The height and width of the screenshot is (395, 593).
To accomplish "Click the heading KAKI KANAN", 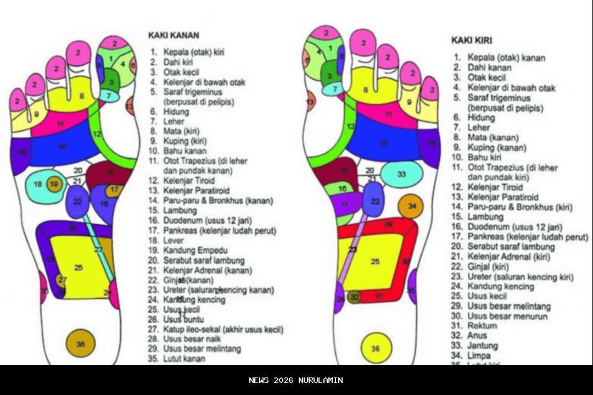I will click(x=174, y=35).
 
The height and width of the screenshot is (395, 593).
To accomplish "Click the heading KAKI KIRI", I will click(x=472, y=40).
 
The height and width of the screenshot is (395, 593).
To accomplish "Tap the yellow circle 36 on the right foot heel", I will click(x=376, y=348).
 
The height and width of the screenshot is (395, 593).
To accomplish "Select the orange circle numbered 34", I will click(x=411, y=207).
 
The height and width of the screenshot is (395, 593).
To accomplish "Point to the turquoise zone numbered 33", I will click(x=402, y=174).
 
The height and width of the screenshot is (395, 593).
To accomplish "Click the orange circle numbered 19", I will click(x=54, y=185).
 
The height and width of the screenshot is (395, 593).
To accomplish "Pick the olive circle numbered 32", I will click(x=355, y=297).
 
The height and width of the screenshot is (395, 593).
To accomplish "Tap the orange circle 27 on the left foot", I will click(x=62, y=280).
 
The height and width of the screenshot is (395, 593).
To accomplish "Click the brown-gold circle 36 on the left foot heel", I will click(x=81, y=344).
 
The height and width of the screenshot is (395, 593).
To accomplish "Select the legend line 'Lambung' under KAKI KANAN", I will click(x=180, y=210).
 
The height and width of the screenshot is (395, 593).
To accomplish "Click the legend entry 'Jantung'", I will click(x=483, y=346).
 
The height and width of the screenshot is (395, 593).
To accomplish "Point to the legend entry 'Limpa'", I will click(x=479, y=355).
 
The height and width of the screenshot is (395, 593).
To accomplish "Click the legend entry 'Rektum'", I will click(x=482, y=326).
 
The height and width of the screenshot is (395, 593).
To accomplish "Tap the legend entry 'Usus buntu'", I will click(x=183, y=319).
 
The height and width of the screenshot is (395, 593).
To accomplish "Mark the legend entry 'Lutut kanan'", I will click(x=184, y=359).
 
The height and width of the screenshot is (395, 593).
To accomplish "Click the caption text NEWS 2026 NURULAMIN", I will click(x=296, y=380).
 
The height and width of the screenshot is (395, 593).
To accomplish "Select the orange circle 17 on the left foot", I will click(x=114, y=190).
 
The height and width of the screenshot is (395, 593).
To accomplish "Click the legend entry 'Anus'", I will click(x=478, y=335).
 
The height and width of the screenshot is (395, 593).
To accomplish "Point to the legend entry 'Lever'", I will click(x=174, y=240).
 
